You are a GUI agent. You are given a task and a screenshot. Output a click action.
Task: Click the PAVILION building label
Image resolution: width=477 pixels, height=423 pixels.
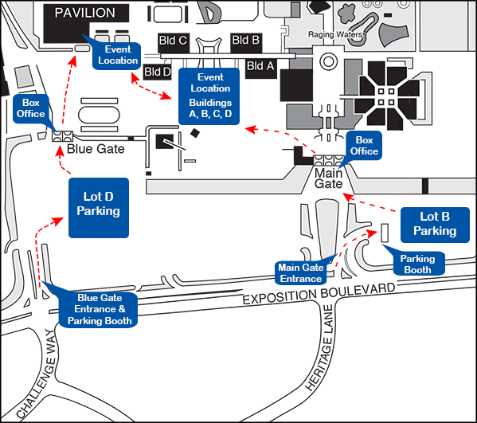(85, 13)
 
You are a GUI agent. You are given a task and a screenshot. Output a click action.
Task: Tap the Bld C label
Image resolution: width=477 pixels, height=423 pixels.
(173, 41)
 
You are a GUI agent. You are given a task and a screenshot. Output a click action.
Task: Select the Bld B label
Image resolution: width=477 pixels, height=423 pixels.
(246, 40)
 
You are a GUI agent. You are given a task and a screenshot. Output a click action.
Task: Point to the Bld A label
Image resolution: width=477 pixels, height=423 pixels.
(260, 66)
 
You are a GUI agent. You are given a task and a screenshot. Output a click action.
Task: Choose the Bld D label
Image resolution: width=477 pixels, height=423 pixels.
(158, 72)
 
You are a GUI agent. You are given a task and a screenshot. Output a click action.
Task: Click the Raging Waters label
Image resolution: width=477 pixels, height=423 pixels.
(335, 34)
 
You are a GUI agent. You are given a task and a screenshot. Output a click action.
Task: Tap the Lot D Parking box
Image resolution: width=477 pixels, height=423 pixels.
(99, 208)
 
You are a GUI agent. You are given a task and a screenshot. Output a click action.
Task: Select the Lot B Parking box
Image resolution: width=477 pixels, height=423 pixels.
(435, 225)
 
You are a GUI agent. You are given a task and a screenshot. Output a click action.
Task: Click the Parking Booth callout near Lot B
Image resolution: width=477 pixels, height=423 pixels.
(417, 264)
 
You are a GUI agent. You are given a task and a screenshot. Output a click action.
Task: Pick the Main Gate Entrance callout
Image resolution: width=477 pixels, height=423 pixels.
(301, 272)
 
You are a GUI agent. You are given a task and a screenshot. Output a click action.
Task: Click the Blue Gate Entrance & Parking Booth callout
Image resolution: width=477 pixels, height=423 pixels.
(98, 309)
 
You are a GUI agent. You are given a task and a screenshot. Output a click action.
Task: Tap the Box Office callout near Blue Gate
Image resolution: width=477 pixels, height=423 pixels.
(31, 108)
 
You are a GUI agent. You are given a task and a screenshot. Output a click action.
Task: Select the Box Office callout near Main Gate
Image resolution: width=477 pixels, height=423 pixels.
(364, 146)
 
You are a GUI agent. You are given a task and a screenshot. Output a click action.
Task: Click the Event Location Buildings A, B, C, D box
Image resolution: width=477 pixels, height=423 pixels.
(209, 96)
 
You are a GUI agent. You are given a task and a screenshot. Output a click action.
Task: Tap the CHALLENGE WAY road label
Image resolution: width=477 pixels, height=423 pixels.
(37, 374)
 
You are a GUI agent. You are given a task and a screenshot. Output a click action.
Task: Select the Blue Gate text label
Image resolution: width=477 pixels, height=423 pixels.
(96, 149)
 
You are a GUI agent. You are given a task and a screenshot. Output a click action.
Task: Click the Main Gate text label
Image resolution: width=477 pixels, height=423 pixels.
(329, 178)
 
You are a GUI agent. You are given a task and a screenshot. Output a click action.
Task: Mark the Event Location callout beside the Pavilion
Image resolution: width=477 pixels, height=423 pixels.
(117, 55)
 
